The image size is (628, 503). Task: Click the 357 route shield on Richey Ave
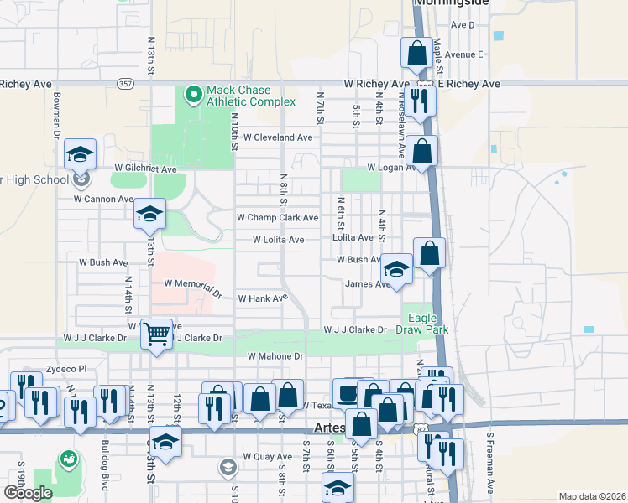click(x=125, y=84)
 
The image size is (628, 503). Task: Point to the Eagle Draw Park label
click(x=428, y=324)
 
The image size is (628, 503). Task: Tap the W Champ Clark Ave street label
click(x=277, y=218)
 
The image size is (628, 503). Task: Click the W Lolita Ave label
click(x=279, y=240)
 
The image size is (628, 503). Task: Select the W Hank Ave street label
click(x=263, y=298)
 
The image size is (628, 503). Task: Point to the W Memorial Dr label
click(x=192, y=288)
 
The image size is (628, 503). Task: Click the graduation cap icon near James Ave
click(x=396, y=268)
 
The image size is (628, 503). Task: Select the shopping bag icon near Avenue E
click(x=416, y=54)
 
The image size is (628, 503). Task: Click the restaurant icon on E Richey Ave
click(x=421, y=101)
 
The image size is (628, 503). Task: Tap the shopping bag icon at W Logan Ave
click(x=424, y=152)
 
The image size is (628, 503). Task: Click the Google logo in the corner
click(x=28, y=493)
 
